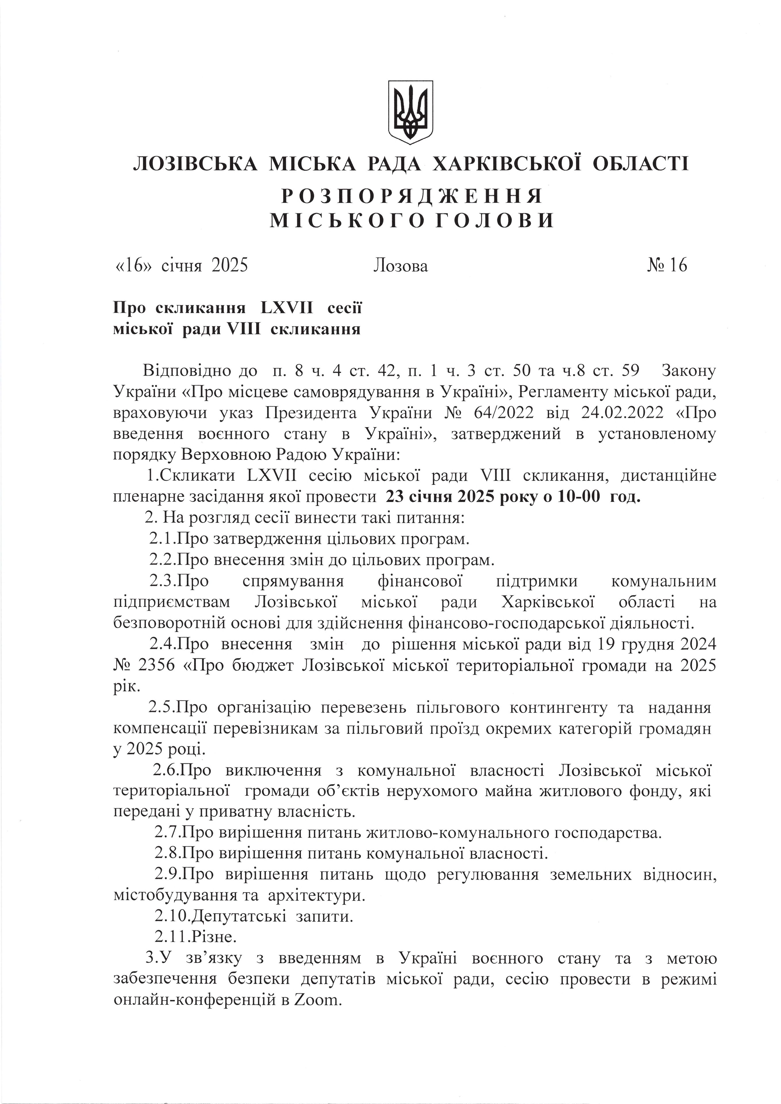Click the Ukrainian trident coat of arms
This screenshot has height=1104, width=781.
411,111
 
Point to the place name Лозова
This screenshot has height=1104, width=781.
400,266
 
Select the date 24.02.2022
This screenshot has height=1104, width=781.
620,413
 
